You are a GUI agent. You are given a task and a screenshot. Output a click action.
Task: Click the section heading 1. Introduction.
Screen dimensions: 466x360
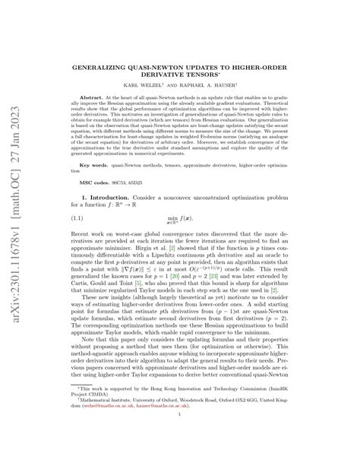[119, 217]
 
